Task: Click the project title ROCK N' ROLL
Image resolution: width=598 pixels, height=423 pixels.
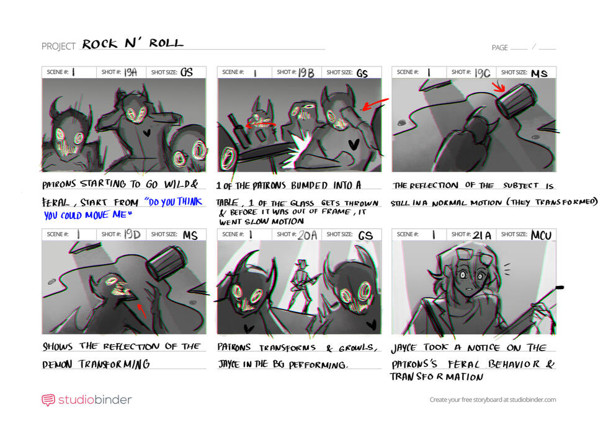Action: point(133,43)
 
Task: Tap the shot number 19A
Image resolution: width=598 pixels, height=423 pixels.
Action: point(130,72)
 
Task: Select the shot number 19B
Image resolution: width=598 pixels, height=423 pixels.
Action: point(306,73)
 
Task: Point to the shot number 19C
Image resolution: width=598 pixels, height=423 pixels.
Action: point(482,73)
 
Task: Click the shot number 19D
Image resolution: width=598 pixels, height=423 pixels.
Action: point(131,234)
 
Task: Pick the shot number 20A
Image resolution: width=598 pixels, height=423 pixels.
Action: point(307,234)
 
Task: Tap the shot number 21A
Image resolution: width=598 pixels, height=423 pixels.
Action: point(482,234)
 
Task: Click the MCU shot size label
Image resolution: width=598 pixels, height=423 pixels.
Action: point(542,234)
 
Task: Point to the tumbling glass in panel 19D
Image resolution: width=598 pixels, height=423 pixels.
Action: point(164,261)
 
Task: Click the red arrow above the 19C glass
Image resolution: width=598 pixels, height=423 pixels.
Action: point(498,86)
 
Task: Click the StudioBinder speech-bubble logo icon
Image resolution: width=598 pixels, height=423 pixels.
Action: point(48,400)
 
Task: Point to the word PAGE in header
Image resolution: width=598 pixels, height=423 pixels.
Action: point(499,48)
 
